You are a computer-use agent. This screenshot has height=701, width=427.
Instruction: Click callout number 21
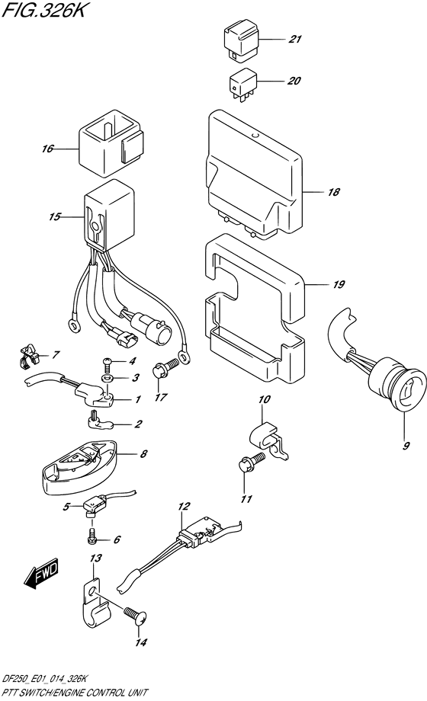294,40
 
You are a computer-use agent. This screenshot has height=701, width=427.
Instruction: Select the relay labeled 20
243,87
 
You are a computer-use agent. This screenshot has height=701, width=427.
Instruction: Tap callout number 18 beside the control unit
333,192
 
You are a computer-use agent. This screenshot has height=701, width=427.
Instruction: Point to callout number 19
339,284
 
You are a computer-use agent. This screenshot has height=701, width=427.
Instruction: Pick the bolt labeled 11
252,462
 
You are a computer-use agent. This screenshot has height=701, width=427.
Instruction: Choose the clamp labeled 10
268,442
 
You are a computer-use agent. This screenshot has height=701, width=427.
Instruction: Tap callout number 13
95,558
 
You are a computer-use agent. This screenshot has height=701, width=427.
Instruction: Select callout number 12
184,507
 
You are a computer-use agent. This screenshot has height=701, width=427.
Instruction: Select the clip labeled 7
29,352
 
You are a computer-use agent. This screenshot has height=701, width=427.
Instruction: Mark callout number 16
48,149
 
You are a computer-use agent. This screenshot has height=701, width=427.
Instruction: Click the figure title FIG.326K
43,10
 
